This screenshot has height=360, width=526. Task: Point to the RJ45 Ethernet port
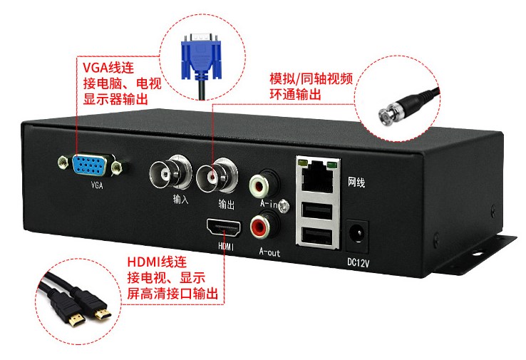[x=316, y=175]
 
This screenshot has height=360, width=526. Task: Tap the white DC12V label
[x=358, y=262]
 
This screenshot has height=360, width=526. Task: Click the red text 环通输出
[x=294, y=95]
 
